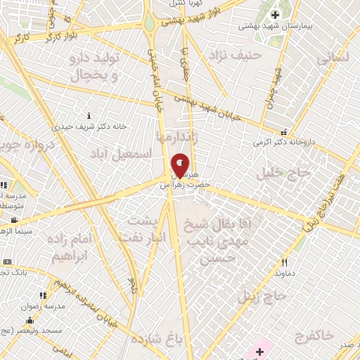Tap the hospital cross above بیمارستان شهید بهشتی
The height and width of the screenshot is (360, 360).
click(x=275, y=15)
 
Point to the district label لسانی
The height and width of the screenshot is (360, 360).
click(x=332, y=58)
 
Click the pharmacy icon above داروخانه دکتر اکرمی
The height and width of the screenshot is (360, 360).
click(x=283, y=131)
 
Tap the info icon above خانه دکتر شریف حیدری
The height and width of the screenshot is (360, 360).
click(x=89, y=115)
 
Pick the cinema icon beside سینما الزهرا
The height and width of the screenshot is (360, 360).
click(x=14, y=220)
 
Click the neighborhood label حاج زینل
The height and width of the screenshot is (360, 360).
click(x=261, y=297)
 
